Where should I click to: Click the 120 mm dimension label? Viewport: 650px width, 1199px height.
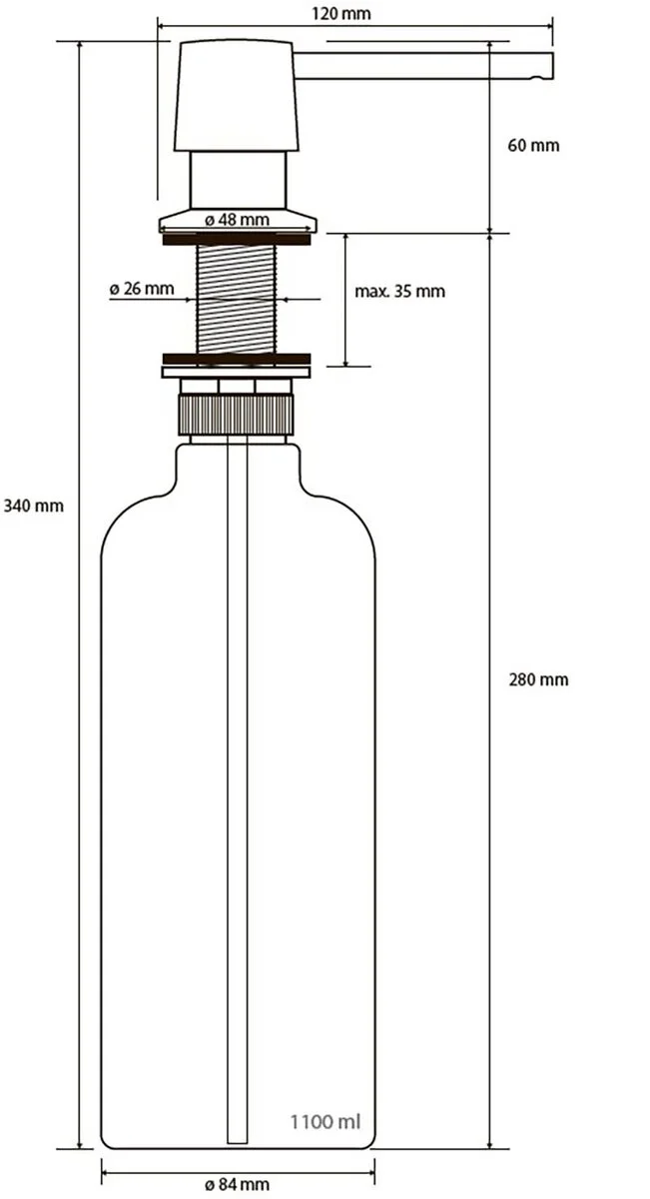(340, 13)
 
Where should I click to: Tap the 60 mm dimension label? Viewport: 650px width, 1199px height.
(533, 145)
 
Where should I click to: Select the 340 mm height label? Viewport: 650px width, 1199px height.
(34, 506)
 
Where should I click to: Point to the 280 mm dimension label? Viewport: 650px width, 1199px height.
(538, 679)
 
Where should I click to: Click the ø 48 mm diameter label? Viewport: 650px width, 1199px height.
(237, 220)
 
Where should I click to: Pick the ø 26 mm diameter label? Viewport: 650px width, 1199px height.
(142, 289)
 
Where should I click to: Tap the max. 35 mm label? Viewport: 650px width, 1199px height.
(399, 291)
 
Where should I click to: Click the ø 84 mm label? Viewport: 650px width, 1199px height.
(237, 1183)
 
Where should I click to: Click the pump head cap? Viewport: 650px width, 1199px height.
(236, 95)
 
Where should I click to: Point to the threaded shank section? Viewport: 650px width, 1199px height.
(236, 299)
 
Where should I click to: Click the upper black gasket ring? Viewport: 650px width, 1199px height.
(237, 239)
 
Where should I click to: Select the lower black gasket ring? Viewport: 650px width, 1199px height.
(237, 359)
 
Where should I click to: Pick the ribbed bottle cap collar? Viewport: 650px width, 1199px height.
(236, 415)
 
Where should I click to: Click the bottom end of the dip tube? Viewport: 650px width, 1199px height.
(237, 1143)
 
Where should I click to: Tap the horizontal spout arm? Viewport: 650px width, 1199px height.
(423, 65)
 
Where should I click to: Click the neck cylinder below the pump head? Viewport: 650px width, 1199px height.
(238, 180)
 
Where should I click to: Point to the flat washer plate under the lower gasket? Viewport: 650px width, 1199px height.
(236, 373)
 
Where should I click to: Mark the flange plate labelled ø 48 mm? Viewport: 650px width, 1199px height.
(238, 221)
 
